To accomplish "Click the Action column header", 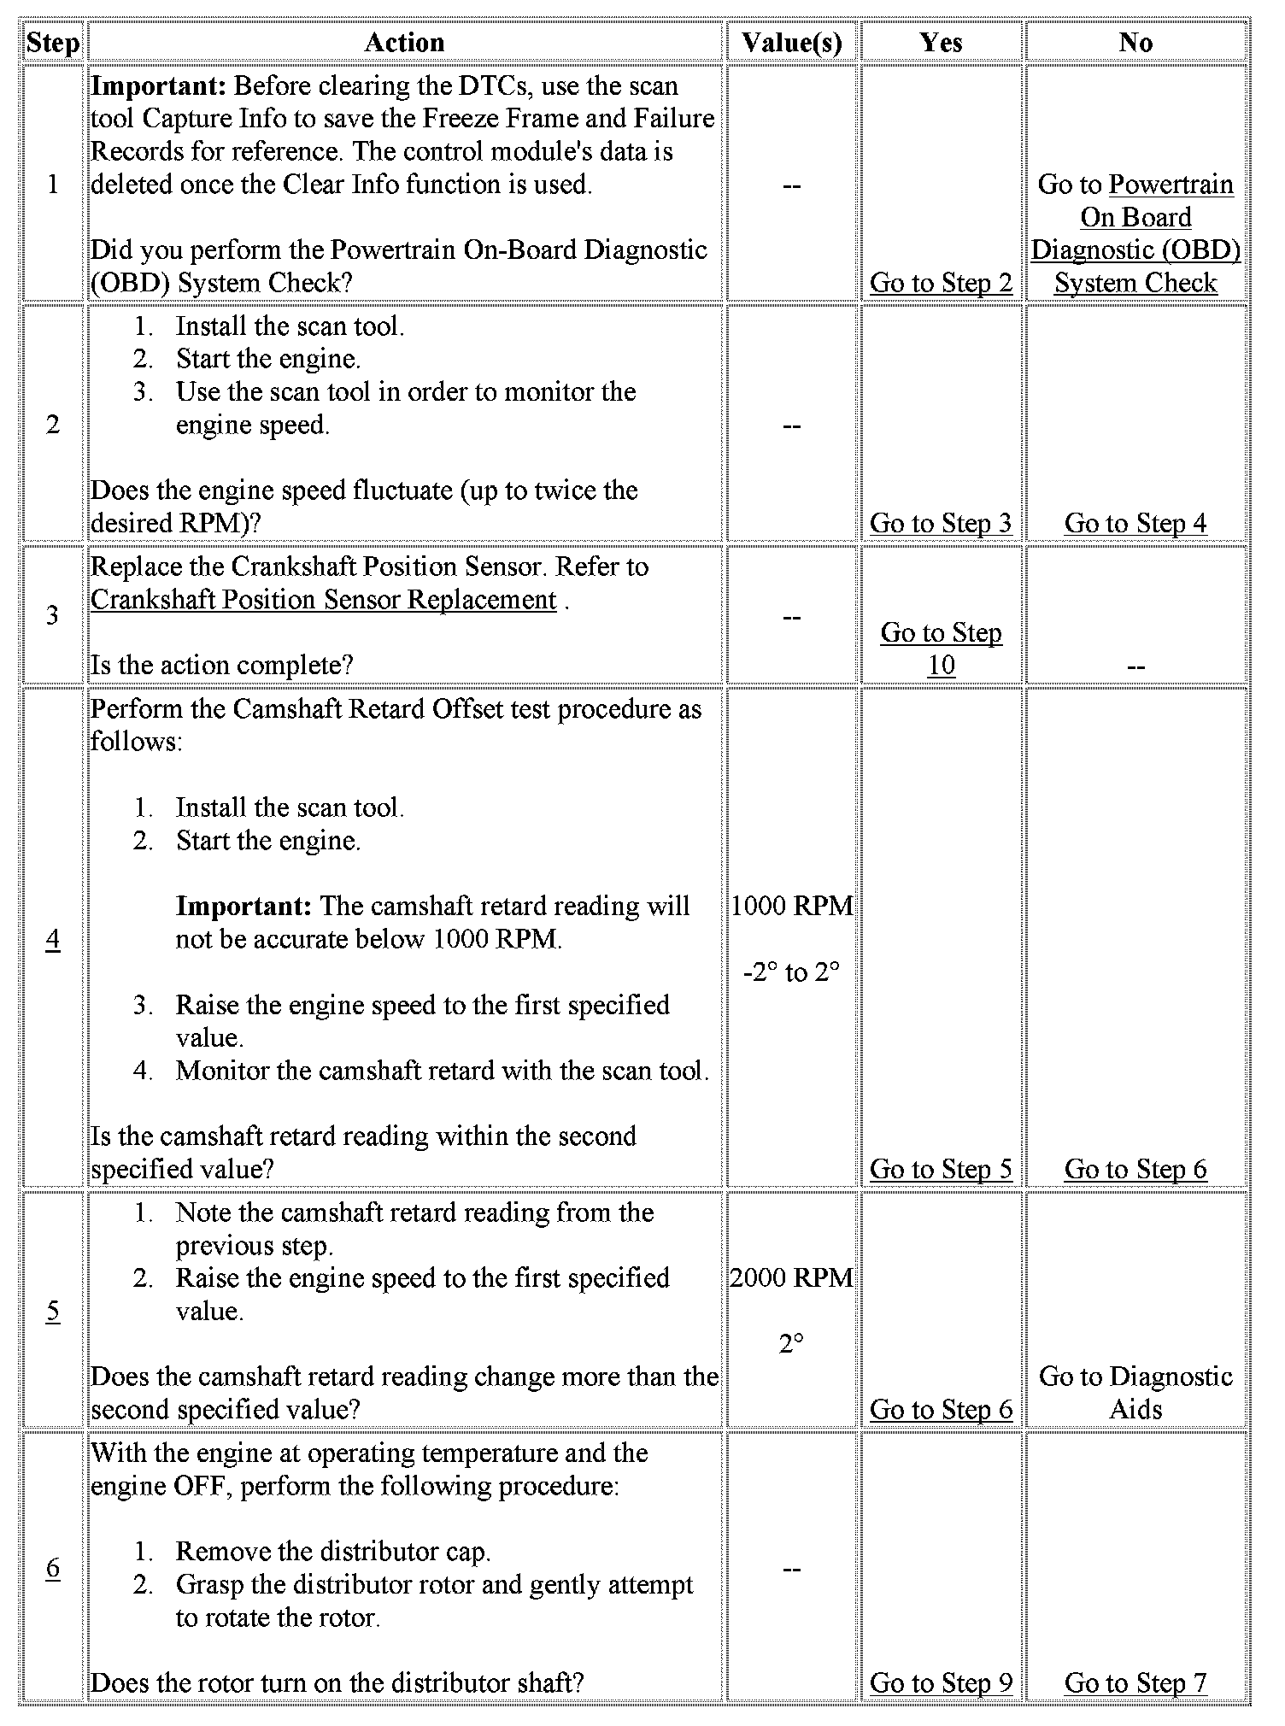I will pyautogui.click(x=404, y=42).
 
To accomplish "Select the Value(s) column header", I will pyautogui.click(x=791, y=42).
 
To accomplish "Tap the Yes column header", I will pyautogui.click(x=941, y=42).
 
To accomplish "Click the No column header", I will pyautogui.click(x=1135, y=42).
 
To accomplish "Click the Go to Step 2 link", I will pyautogui.click(x=941, y=283).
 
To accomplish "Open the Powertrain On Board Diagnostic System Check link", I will pyautogui.click(x=1135, y=233).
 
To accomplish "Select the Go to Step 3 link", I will pyautogui.click(x=941, y=523).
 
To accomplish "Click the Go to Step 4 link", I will pyautogui.click(x=1135, y=523).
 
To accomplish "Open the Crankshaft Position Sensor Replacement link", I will pyautogui.click(x=324, y=600).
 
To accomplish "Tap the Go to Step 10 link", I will pyautogui.click(x=941, y=649).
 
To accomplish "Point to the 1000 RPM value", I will pyautogui.click(x=791, y=906).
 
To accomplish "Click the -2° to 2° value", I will pyautogui.click(x=791, y=972).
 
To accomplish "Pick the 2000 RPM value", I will pyautogui.click(x=791, y=1278).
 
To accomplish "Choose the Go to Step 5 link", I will pyautogui.click(x=941, y=1169).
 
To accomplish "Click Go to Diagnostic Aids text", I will pyautogui.click(x=1135, y=1393).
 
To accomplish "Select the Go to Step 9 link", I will pyautogui.click(x=941, y=1682).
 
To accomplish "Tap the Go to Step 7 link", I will pyautogui.click(x=1135, y=1682).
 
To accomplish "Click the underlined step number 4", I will pyautogui.click(x=53, y=939).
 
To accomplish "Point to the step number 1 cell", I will pyautogui.click(x=53, y=185).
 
